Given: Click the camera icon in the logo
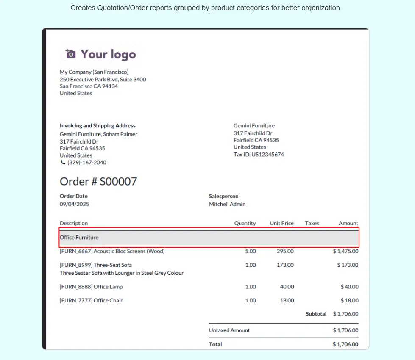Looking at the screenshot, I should (70, 54).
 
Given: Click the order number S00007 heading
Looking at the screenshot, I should (98, 182).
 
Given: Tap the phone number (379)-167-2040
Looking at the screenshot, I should (86, 163).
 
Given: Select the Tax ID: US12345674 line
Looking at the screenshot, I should (259, 155).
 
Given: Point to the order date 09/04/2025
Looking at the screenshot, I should (74, 204).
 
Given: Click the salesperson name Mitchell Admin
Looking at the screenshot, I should (227, 204).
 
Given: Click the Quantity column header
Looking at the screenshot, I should (245, 223).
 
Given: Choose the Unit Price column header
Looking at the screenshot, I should (281, 223).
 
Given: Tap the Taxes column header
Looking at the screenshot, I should (312, 223).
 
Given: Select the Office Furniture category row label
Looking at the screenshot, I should (79, 238).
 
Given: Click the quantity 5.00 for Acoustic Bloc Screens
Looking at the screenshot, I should (251, 251).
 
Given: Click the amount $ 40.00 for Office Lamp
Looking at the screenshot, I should (349, 287).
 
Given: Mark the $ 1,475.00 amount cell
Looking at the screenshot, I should (345, 251).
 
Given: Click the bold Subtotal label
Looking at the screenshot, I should (316, 314).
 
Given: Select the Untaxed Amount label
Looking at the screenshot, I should (229, 330).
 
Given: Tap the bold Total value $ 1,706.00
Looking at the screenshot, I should (345, 344).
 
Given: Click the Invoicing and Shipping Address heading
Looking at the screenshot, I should (97, 126).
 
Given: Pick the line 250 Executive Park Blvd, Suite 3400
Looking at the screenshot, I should (103, 79).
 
